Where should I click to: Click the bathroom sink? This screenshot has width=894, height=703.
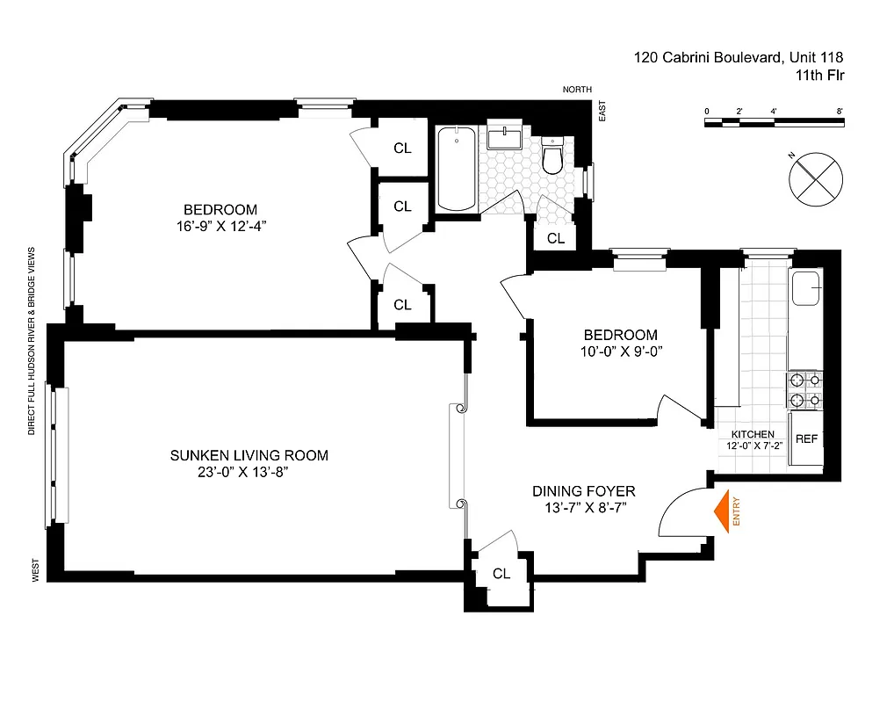[504, 138]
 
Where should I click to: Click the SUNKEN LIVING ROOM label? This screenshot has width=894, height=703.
[249, 455]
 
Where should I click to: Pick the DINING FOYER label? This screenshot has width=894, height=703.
[583, 491]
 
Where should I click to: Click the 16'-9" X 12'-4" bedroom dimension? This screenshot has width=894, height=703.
[220, 226]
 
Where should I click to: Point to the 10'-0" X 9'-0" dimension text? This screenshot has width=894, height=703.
[620, 351]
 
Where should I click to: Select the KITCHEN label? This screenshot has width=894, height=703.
[753, 434]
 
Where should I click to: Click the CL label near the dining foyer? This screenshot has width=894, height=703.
[501, 574]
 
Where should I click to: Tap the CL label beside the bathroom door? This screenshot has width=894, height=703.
[556, 238]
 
